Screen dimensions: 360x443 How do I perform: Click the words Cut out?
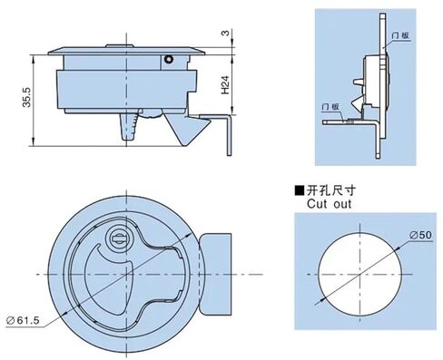pyautogui.click(x=327, y=204)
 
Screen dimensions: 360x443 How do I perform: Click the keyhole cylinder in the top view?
pyautogui.click(x=117, y=239)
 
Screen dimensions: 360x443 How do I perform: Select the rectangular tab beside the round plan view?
pyautogui.click(x=216, y=272)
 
